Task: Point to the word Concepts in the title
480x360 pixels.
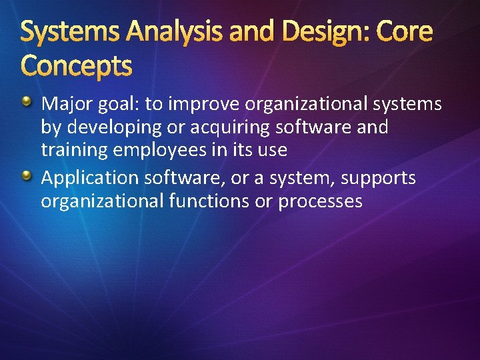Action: (x=77, y=65)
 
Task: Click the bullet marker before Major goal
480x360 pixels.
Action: (x=26, y=102)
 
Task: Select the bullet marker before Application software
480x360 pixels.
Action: (x=26, y=176)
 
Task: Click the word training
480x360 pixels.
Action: (x=74, y=151)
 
